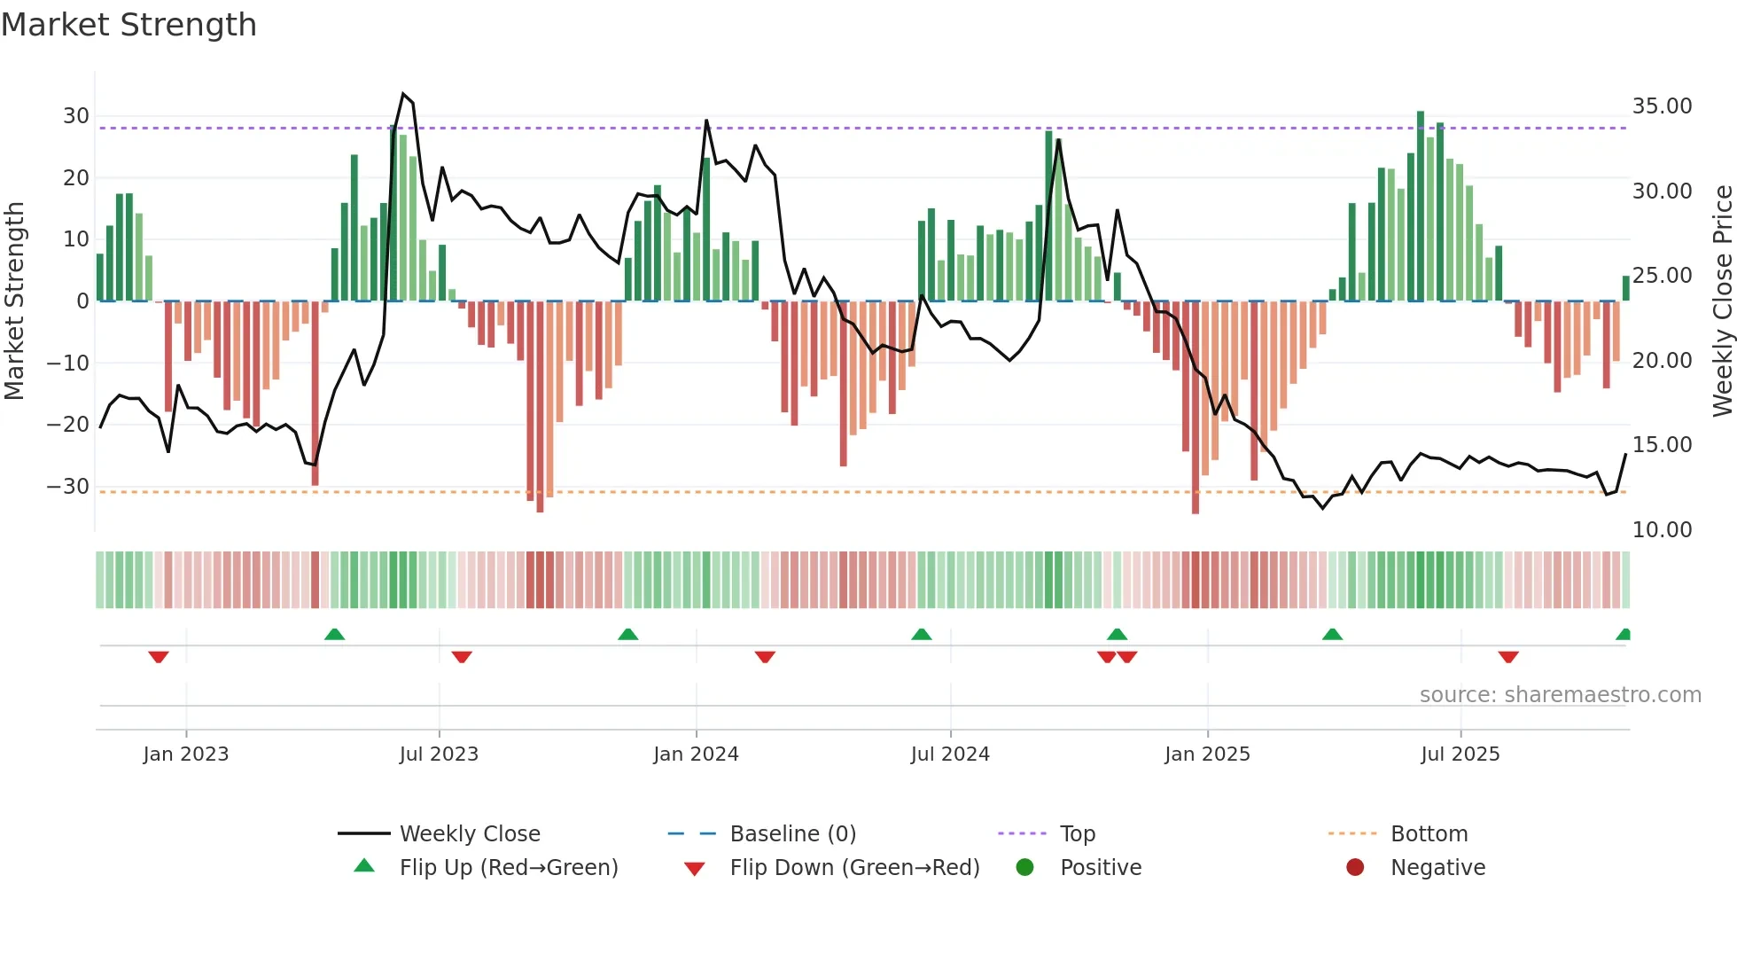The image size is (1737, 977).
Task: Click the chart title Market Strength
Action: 129,25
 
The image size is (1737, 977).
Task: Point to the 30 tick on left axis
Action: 75,116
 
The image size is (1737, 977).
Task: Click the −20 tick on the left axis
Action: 68,425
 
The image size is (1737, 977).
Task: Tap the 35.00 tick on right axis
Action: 1662,106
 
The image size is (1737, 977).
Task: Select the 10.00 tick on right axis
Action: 1662,530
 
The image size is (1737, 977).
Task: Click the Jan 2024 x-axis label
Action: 696,754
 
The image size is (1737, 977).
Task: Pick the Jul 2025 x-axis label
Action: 1460,754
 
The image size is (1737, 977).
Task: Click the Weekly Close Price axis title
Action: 1722,301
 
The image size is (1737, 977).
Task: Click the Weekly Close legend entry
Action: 469,834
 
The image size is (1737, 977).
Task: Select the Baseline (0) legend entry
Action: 792,834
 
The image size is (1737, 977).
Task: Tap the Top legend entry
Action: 1077,834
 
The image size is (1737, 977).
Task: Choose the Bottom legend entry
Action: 1429,834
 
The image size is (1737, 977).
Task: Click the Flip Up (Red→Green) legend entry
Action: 508,868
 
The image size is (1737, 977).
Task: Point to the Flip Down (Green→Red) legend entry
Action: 854,868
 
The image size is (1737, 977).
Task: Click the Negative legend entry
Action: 1437,868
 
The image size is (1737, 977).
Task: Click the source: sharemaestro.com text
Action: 1560,695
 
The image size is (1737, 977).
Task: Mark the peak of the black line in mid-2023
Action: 403,94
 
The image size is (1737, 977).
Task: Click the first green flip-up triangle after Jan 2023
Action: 334,634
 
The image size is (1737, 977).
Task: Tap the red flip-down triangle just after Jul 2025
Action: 1508,657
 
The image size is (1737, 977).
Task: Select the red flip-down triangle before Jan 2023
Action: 159,657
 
